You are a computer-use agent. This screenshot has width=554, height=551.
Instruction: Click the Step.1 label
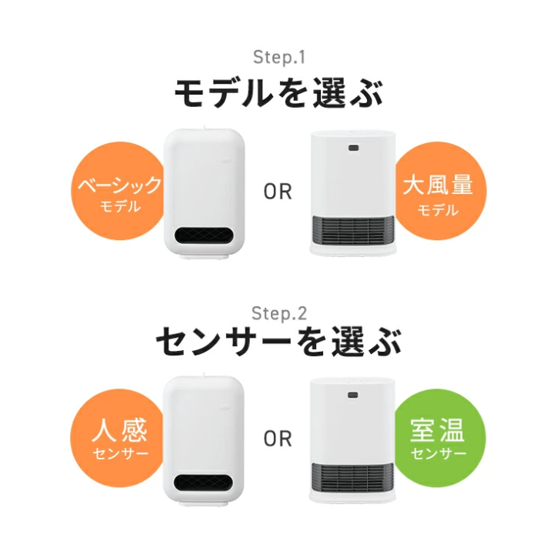pos(279,57)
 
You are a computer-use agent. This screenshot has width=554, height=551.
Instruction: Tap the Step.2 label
pos(279,313)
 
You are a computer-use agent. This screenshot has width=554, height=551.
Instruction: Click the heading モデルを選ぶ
pos(279,93)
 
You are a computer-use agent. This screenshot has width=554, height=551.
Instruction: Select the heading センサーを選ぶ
pos(279,342)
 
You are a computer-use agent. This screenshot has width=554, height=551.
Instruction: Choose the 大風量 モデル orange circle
pos(440,191)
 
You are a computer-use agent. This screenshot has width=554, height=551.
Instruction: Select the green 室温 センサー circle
pos(439,438)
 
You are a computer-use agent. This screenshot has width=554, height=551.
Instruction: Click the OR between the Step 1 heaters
pos(278,192)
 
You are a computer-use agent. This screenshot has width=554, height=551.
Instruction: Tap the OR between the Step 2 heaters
pos(278,439)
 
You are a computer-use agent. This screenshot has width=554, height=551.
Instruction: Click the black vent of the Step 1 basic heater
pos(205,235)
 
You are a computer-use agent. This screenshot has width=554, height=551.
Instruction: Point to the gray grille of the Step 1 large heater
pos(353,230)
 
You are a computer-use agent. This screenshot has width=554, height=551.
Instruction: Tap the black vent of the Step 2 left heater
pos(204,483)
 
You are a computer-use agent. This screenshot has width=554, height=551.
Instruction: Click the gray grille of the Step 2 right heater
pos(352,477)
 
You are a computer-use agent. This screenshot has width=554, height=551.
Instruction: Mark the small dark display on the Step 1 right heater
pos(353,148)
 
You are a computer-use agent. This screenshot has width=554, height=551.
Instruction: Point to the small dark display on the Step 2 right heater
pos(352,395)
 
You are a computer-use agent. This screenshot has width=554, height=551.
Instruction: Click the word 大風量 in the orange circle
pos(438,185)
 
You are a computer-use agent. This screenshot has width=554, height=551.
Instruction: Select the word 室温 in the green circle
pos(437,430)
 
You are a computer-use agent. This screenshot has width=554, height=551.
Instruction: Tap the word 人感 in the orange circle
pos(119,430)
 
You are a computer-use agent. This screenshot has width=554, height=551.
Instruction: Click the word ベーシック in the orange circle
pos(120,185)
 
